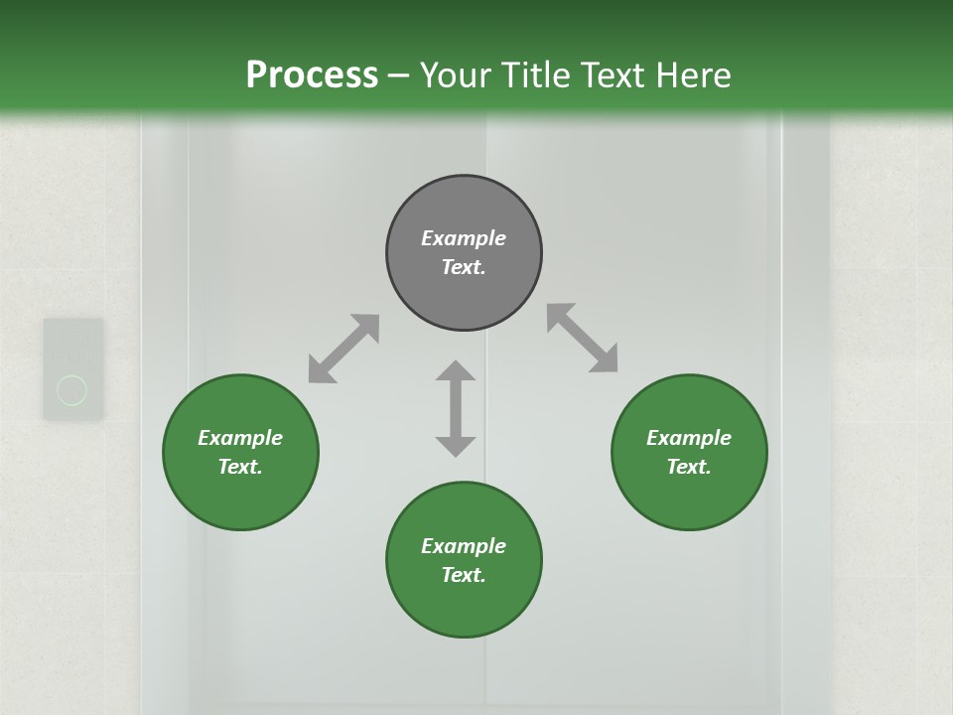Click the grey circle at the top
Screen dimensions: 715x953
coord(464,209)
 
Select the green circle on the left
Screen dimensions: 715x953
coord(240,487)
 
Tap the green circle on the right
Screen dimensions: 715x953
coord(689,487)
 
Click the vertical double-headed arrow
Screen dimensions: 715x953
coord(456,408)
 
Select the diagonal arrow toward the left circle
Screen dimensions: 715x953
coord(343,349)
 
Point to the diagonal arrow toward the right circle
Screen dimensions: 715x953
coord(583,338)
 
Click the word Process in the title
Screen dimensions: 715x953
coord(312,74)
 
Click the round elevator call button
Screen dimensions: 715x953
coord(72,389)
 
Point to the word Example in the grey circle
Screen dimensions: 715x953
coord(464,238)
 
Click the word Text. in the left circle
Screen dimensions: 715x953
coord(240,467)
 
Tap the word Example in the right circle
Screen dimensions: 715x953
coord(689,438)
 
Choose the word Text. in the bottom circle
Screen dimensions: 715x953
coord(464,575)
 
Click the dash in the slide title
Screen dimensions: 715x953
coord(399,75)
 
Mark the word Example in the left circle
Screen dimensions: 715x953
coord(240,438)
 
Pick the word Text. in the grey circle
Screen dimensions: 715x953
coord(464,267)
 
